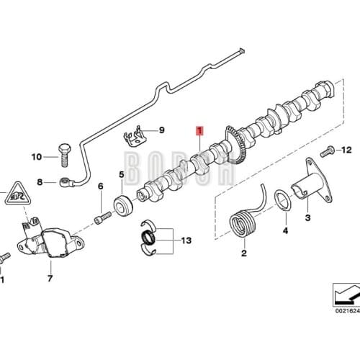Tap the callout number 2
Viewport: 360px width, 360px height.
[x=243, y=253]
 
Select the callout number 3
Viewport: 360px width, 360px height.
[x=307, y=217]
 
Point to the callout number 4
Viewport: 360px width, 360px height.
[x=284, y=231]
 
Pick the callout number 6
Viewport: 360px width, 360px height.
[x=100, y=188]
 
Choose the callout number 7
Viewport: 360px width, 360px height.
[x=50, y=277]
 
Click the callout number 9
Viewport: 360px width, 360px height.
[x=161, y=130]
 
